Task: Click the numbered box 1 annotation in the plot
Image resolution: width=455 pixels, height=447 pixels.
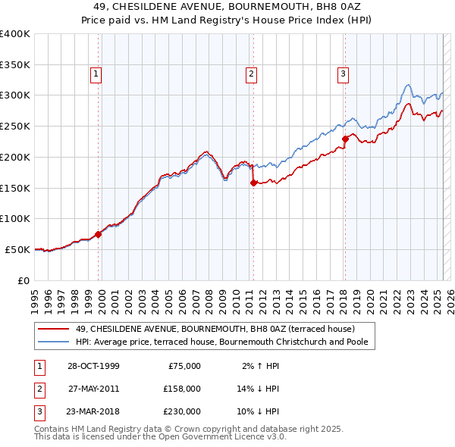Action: tap(97, 74)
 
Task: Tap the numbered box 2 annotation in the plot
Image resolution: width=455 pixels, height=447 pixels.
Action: tap(250, 74)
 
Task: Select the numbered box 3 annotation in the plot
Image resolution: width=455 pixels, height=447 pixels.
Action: tap(343, 74)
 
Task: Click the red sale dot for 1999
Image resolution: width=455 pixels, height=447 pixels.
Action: tap(99, 234)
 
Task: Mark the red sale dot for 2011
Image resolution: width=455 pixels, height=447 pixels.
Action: tap(253, 183)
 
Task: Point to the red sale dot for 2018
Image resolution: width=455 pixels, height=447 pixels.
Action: tap(345, 139)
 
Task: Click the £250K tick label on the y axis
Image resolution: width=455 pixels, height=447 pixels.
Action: tap(15, 127)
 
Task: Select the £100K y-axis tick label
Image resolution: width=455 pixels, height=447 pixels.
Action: tap(15, 219)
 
